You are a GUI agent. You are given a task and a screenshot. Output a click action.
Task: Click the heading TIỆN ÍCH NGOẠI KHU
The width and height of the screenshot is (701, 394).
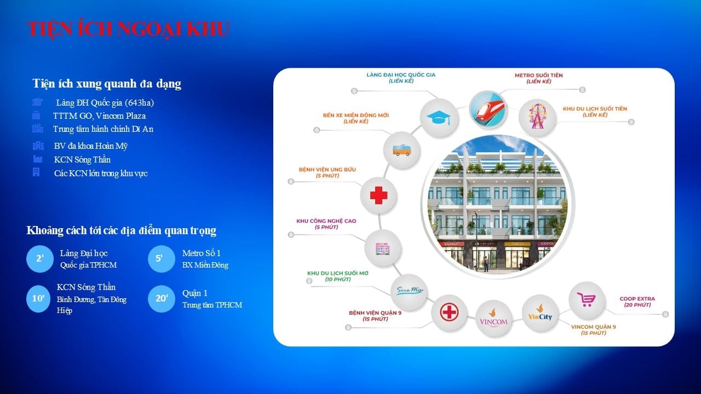coord(128,28)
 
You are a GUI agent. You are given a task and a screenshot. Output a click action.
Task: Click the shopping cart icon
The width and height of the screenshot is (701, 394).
coord(586,300)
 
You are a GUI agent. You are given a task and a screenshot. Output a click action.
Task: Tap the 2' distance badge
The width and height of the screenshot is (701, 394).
coord(40,259)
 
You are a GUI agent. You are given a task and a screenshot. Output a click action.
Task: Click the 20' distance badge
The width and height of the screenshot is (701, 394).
coord(162,299)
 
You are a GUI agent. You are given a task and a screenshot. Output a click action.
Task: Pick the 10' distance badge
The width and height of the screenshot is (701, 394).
coord(39,299)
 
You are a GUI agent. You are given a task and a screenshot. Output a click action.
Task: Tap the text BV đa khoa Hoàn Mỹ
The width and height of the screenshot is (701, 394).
coord(90,146)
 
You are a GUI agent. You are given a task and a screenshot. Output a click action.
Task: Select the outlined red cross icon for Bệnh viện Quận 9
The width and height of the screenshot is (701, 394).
coord(449,312)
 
